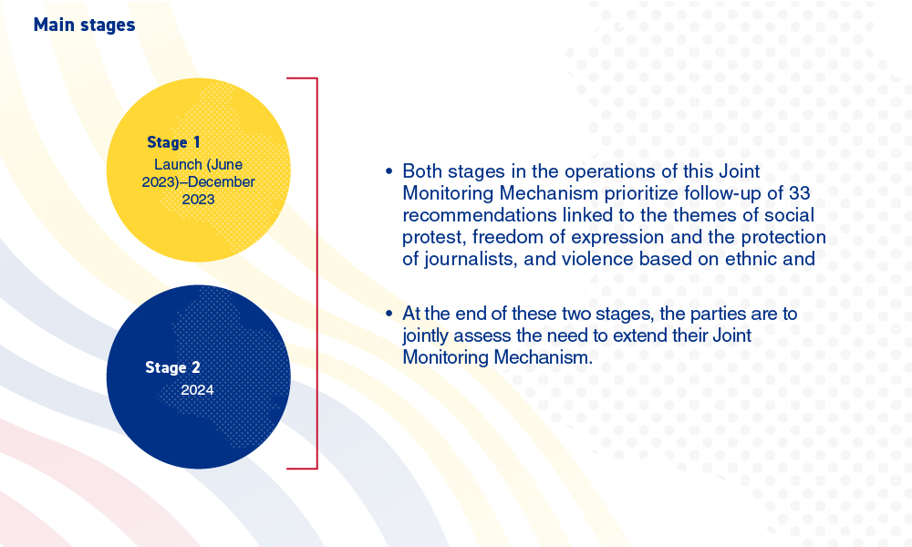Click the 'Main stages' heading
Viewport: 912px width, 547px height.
pos(84,25)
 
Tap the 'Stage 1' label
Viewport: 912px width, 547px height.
pos(173,142)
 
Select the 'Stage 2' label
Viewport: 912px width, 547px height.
pos(172,367)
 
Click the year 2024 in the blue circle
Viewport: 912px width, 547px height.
pos(197,390)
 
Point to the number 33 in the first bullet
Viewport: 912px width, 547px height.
pos(800,193)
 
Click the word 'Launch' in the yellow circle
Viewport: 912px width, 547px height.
pos(178,164)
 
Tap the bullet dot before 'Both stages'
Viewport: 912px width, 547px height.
pos(389,171)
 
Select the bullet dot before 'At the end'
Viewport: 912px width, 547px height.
pos(389,314)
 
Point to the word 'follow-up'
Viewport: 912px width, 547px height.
pos(728,193)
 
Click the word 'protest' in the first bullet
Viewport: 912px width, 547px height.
pos(434,238)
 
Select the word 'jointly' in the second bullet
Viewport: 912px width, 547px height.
pos(425,336)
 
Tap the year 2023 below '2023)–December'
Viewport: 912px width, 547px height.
pos(198,200)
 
